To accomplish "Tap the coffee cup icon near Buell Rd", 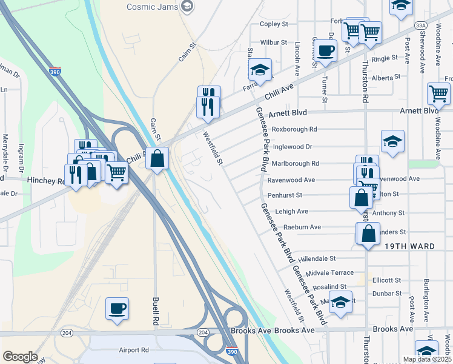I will pos(117,308).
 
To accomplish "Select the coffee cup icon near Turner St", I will pos(326,50).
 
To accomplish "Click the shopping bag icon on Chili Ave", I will pos(157,158).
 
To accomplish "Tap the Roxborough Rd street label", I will pos(294,129).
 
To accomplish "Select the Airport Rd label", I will pos(134,350).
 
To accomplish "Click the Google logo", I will pos(20,357).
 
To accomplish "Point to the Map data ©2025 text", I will pos(426,359).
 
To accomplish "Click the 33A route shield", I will pos(422,25).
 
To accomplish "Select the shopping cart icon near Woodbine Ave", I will pos(438,93).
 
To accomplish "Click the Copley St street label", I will pos(273,24).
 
